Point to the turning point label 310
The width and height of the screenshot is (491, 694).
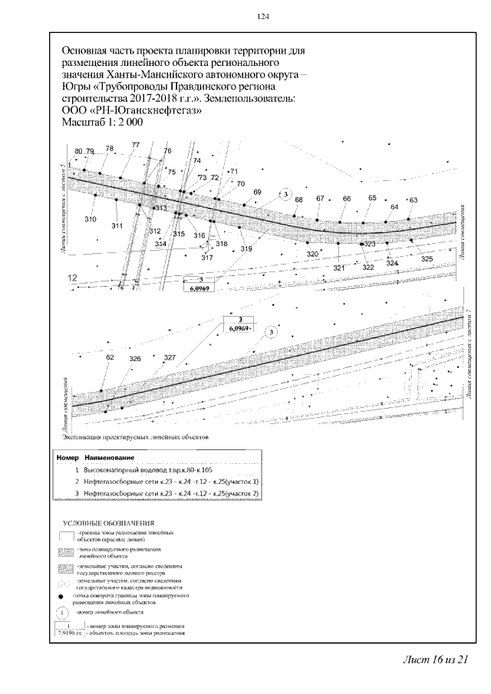(91, 220)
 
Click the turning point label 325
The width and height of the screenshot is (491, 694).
(427, 259)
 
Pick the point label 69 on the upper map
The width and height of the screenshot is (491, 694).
(257, 192)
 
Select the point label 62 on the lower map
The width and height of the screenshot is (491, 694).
(110, 358)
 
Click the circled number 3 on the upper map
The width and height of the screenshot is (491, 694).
(285, 195)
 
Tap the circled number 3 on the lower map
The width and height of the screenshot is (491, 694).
(270, 332)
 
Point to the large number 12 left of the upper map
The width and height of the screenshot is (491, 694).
(74, 278)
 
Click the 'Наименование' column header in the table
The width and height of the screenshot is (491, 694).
(110, 456)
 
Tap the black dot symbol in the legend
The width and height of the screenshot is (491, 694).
(61, 595)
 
